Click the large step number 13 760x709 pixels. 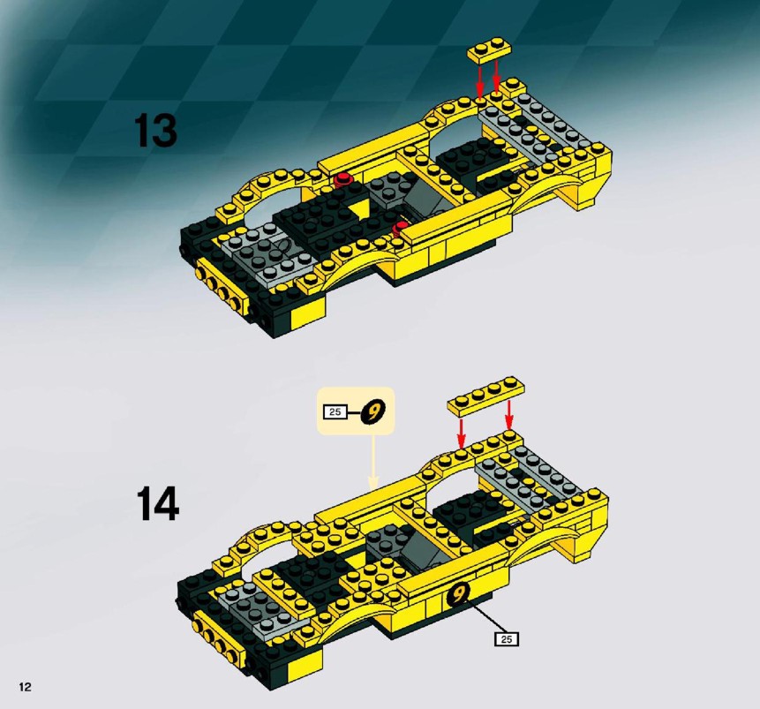click(x=155, y=131)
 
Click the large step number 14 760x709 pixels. click(x=157, y=504)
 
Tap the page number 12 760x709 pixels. click(x=26, y=686)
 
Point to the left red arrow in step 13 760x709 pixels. click(x=479, y=81)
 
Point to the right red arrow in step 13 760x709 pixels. click(x=497, y=77)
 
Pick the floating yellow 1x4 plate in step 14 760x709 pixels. click(x=486, y=396)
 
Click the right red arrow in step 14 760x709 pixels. click(x=509, y=415)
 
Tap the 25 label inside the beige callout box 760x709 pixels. click(x=335, y=412)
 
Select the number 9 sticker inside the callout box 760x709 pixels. click(x=373, y=412)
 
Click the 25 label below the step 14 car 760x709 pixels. click(x=507, y=639)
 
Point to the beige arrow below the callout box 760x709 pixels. click(x=372, y=462)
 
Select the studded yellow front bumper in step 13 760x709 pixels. click(x=219, y=284)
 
